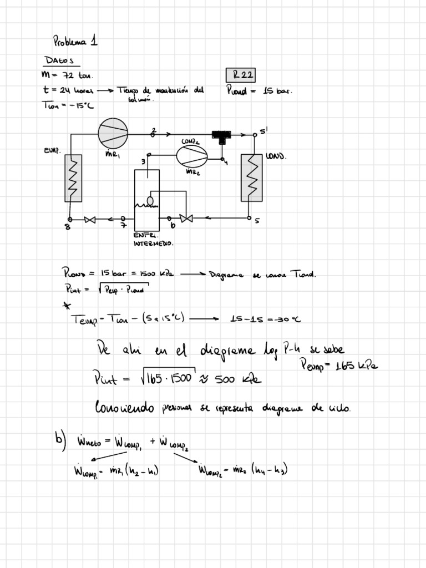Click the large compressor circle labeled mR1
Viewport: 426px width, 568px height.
coord(114,133)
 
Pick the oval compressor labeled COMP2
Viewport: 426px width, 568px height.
coord(192,155)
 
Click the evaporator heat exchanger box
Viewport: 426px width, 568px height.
coord(73,177)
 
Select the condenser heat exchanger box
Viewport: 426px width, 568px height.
coord(251,177)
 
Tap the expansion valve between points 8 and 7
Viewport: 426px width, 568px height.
coord(89,220)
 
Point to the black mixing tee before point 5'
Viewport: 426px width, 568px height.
coord(222,135)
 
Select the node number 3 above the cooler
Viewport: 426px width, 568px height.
coord(143,161)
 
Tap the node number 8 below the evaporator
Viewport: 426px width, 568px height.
coord(68,226)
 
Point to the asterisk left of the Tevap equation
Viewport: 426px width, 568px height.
coord(67,304)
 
